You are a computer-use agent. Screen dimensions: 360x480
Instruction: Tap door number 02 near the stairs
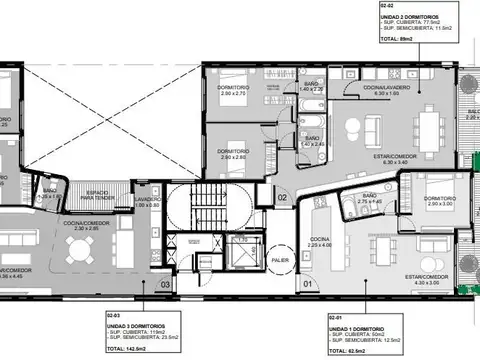pos(283,197)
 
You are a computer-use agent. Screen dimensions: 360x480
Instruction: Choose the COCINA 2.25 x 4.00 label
pos(320,242)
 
